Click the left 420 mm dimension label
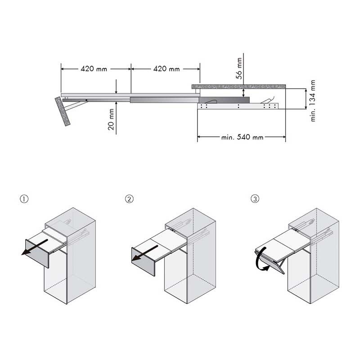click(94, 69)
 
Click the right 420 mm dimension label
click(166, 69)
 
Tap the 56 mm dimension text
click(239, 68)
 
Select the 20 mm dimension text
click(111, 119)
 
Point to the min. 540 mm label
click(242, 137)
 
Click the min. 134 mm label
click(313, 100)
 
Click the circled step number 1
click(24, 199)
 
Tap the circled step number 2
click(129, 199)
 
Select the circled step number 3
click(255, 199)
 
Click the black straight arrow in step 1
click(35, 247)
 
